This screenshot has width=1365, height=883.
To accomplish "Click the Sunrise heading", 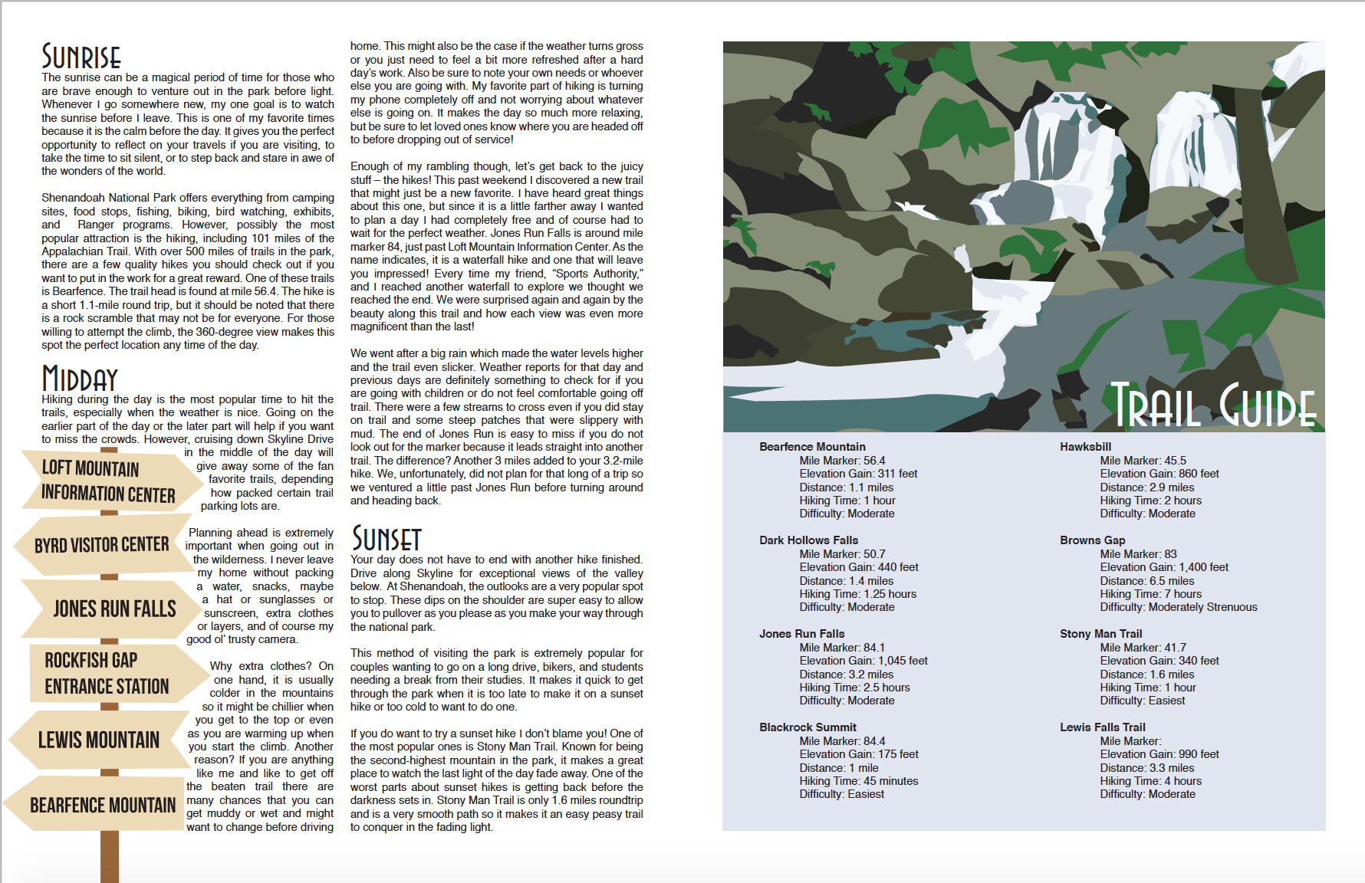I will coord(81,57).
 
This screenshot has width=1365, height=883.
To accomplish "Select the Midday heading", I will coord(80,379).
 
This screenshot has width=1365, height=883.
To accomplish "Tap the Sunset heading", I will coord(386,539).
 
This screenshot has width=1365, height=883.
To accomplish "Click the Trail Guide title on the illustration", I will coord(1214,406).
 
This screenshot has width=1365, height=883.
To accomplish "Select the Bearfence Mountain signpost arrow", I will coord(101,805).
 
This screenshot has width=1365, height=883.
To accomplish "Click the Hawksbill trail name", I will coord(1085,447).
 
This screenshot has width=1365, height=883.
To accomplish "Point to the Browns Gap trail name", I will coord(1092,540).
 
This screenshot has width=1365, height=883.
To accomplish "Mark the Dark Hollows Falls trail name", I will coord(808,540).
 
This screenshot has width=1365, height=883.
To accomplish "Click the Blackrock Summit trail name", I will coord(807,727).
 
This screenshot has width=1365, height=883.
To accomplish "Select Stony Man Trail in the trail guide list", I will coord(1100,634).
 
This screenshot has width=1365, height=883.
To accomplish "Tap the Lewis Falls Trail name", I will coord(1102,727).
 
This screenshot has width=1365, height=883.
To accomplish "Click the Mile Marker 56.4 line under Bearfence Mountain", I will coord(842,461).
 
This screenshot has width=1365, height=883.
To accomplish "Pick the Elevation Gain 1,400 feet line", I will coord(1163,567).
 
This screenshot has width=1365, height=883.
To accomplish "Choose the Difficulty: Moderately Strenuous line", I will coord(1178,607).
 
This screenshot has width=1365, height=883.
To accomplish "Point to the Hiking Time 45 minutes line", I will coord(858,781).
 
